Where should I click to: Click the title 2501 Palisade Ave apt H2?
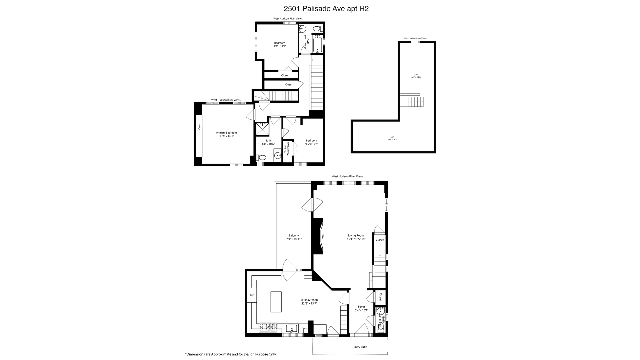326,9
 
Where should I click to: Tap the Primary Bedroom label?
226,133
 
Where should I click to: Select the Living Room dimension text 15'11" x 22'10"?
356,239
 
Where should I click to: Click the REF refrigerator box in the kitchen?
252,295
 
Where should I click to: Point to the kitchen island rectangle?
276,302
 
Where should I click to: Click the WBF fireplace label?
323,236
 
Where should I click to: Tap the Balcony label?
294,235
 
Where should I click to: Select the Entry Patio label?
360,347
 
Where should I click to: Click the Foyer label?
361,307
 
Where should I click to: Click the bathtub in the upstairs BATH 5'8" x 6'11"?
317,44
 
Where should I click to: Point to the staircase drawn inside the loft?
412,102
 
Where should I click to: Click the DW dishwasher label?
303,329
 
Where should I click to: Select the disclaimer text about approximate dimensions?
230,354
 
